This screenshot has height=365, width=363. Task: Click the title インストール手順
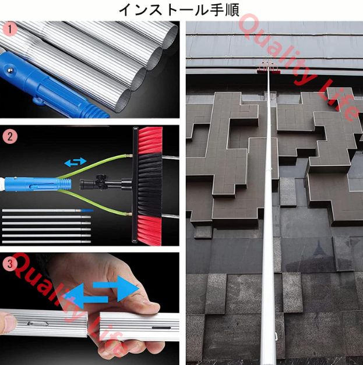tap(179, 10)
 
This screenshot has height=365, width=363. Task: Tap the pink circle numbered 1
tap(10, 30)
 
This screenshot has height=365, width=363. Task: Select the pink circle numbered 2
tap(10, 137)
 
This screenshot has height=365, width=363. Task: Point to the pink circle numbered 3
tap(10, 264)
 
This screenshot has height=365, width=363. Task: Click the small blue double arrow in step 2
tap(76, 162)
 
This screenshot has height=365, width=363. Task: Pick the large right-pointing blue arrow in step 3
tap(116, 288)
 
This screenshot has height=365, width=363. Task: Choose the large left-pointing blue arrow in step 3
tap(86, 296)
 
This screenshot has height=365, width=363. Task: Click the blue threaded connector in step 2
tap(37, 183)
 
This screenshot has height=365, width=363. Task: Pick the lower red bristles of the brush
tap(150, 230)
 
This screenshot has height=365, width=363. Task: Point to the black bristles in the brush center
tap(150, 185)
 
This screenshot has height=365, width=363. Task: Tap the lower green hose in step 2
tap(93, 202)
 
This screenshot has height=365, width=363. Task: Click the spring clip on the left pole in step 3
tap(37, 323)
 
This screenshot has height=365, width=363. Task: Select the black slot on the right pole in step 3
tap(161, 328)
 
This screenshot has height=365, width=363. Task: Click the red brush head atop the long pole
tap(269, 71)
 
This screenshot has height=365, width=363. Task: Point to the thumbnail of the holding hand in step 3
tap(8, 323)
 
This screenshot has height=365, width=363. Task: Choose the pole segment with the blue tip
tap(48, 210)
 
